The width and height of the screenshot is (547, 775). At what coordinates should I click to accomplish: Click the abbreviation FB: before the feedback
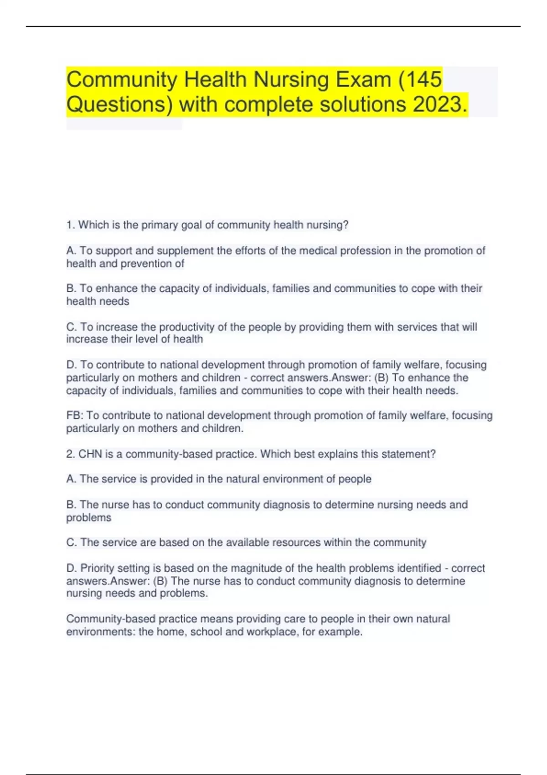(x=74, y=415)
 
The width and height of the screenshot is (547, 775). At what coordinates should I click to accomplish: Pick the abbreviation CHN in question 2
(x=90, y=454)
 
